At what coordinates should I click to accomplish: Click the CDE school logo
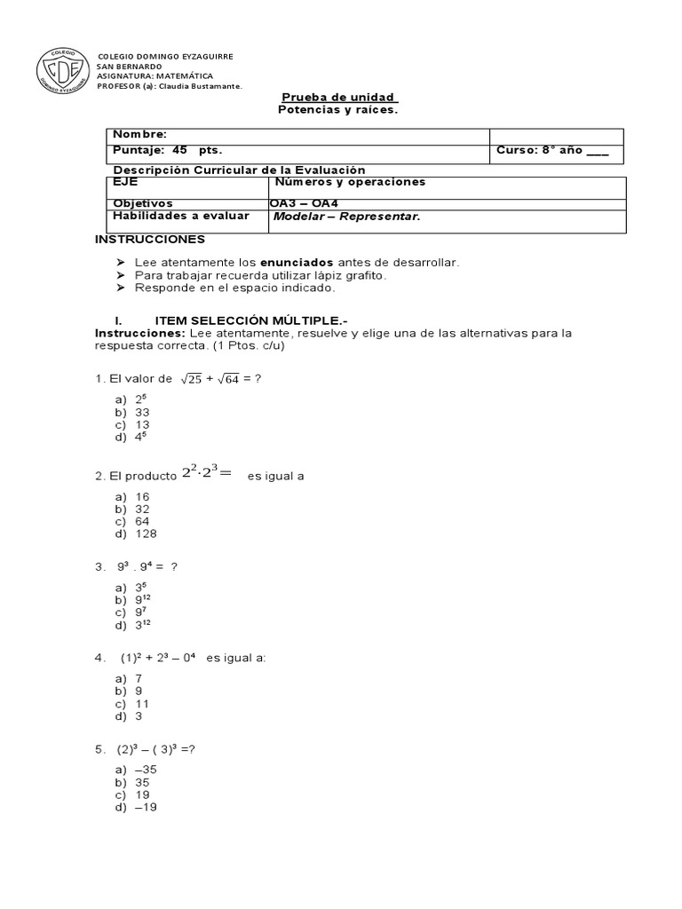61,70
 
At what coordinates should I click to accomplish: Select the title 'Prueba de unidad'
338,97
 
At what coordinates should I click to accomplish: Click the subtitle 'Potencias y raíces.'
338,109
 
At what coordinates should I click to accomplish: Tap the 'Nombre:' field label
139,134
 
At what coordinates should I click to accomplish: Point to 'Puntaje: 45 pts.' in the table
167,150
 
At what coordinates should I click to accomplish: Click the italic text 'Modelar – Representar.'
346,217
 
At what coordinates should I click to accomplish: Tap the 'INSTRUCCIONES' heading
149,240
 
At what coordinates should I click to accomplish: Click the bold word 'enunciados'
297,263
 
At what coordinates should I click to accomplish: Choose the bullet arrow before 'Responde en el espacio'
121,288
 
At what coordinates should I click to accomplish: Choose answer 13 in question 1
142,424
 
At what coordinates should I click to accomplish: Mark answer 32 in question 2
142,510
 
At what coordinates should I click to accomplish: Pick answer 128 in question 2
146,534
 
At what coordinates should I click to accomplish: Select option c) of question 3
132,613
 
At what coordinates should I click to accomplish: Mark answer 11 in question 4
141,703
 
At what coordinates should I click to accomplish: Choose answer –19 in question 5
145,808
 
